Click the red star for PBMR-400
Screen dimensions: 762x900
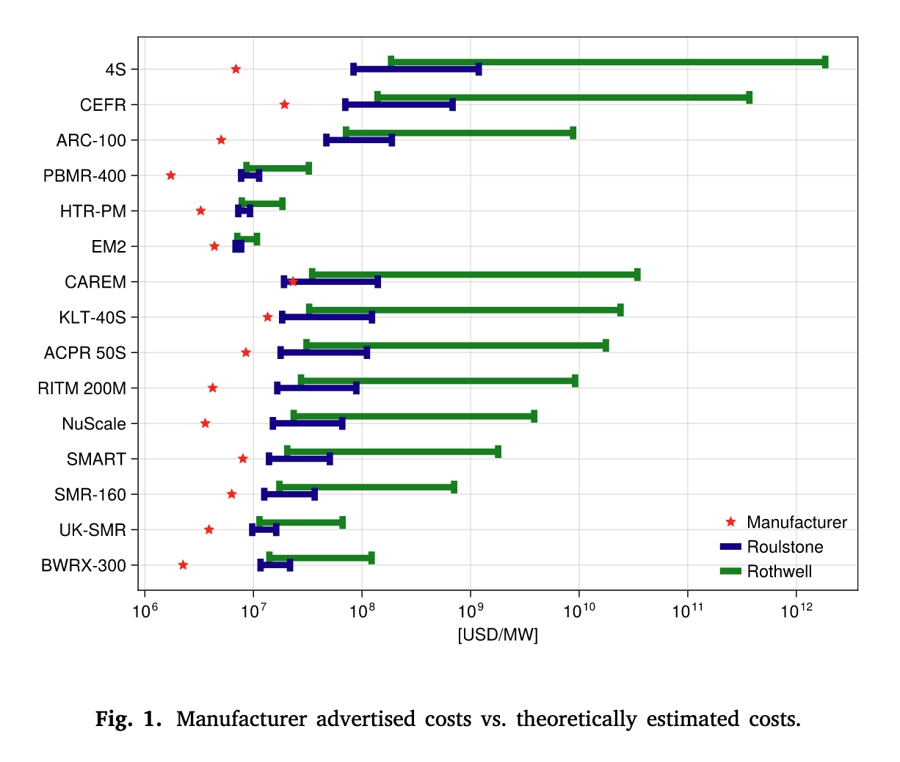coord(171,175)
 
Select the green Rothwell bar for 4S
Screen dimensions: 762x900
coord(608,62)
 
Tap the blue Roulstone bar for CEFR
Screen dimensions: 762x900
coord(399,105)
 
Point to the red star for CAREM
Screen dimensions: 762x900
coord(293,281)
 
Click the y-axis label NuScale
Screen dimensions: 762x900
coord(94,424)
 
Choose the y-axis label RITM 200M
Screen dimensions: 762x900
coord(82,388)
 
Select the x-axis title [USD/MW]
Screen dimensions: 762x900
coord(498,635)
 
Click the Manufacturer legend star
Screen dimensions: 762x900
coord(730,522)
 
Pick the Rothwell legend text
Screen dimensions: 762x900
coord(779,572)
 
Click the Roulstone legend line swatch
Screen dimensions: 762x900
coord(730,547)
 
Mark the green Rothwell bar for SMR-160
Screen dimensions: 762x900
coord(366,487)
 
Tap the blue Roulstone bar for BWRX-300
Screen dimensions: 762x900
coord(275,565)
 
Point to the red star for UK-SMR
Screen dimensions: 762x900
coord(209,529)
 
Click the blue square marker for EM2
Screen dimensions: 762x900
coord(238,247)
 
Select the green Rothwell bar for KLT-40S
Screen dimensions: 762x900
coord(465,310)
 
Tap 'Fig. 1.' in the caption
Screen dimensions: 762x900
coord(128,719)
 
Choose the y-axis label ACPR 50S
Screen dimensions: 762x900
coord(85,353)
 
